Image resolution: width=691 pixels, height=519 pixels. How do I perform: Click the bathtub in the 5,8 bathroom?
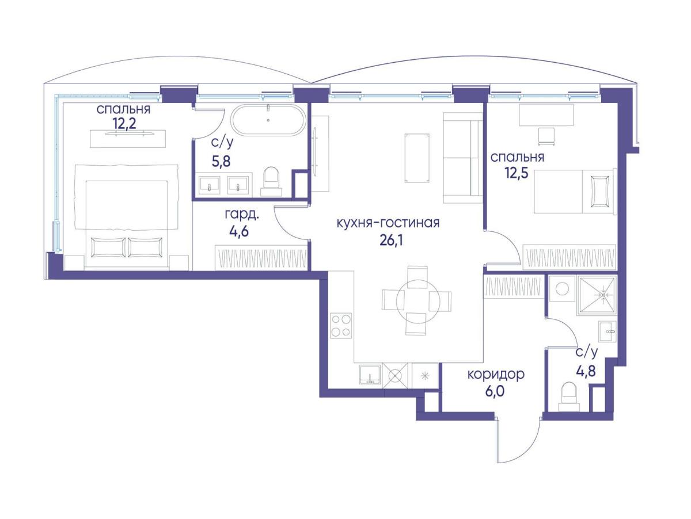tap(268, 120)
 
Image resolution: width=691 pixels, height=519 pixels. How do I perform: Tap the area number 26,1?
tap(392, 241)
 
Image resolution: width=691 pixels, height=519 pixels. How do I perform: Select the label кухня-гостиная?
tap(388, 223)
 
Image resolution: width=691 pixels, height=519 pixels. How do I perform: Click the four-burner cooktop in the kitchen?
tap(341, 326)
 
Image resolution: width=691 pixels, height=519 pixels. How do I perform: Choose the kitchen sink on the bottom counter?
tap(370, 374)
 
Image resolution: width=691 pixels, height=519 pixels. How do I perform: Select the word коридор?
tap(496, 375)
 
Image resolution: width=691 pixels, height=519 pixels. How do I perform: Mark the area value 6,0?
tap(495, 392)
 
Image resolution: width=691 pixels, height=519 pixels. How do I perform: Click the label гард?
tap(242, 214)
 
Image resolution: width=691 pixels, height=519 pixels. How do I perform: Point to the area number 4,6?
tap(239, 231)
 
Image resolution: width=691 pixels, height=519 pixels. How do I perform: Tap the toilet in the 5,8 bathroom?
tap(271, 182)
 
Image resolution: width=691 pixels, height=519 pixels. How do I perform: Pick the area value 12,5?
tap(517, 173)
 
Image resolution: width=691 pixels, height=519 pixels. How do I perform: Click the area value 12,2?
tap(124, 123)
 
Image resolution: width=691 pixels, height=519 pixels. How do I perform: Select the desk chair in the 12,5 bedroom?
tap(546, 136)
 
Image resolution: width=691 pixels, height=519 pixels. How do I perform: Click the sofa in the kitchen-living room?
tap(463, 157)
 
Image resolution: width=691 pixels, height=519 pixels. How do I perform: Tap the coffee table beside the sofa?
tap(417, 158)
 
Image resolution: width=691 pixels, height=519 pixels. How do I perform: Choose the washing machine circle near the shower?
tap(562, 289)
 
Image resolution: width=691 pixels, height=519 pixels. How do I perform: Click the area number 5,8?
tap(221, 161)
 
